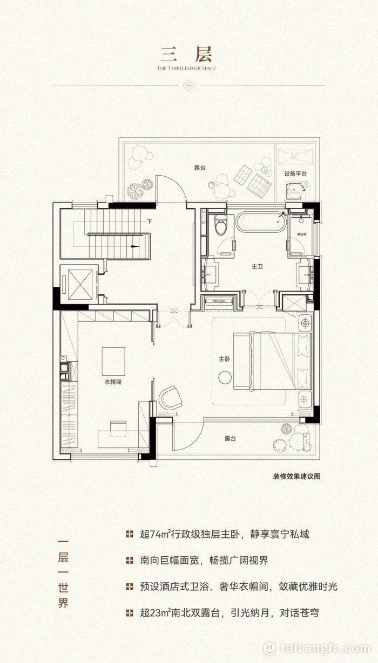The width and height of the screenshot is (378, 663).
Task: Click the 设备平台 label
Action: [295, 174]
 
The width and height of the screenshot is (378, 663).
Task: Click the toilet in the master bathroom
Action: [220, 226]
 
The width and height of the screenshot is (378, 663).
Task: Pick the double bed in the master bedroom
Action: [273, 360]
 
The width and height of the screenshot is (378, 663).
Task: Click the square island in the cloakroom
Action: [113, 361]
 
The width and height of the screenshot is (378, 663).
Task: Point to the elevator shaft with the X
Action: [78, 283]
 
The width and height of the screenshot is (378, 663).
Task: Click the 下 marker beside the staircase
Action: [148, 221]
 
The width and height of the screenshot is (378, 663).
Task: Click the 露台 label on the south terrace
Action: [231, 438]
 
